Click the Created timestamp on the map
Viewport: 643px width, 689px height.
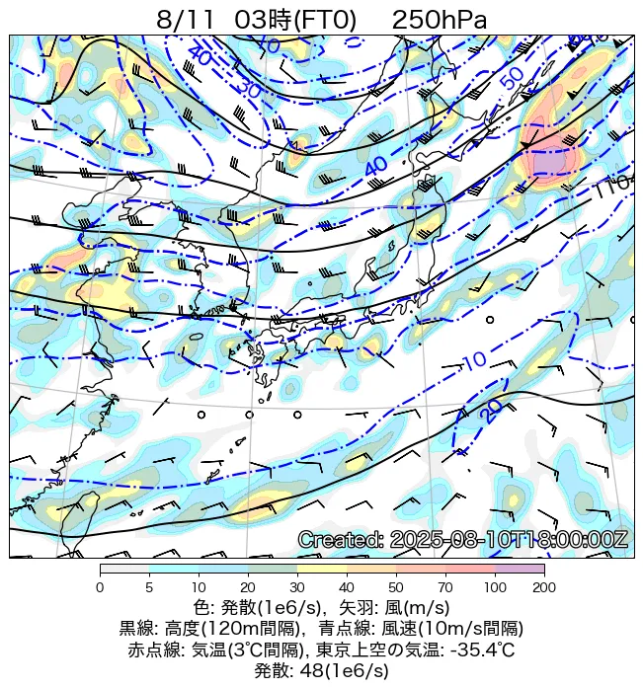(x=462, y=539)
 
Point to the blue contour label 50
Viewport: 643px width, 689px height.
(x=512, y=80)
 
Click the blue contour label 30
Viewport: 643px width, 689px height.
(x=248, y=88)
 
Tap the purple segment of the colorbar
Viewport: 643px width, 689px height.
(x=520, y=570)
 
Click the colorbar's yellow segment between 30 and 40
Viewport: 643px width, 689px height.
(x=322, y=570)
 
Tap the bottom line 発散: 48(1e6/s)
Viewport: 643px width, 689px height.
(x=322, y=671)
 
